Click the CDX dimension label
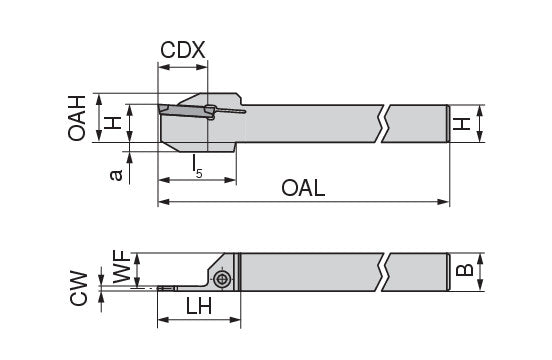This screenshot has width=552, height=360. (x=182, y=50)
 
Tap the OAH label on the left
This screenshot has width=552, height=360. (x=77, y=118)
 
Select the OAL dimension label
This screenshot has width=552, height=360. (x=303, y=188)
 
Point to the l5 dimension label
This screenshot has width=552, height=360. (x=197, y=166)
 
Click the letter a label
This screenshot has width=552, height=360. (x=116, y=175)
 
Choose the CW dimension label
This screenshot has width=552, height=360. (x=78, y=288)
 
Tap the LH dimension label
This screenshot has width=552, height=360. (x=199, y=306)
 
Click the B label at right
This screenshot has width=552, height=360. (x=464, y=270)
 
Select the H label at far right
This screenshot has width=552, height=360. (x=462, y=124)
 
